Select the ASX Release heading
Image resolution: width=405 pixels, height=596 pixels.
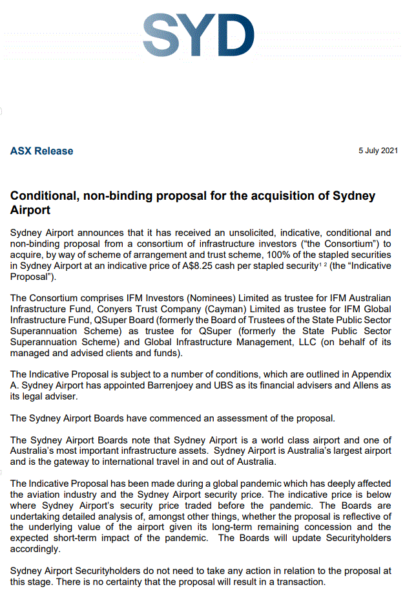pyautogui.click(x=41, y=151)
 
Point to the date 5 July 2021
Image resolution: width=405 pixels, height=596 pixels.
pyautogui.click(x=378, y=151)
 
